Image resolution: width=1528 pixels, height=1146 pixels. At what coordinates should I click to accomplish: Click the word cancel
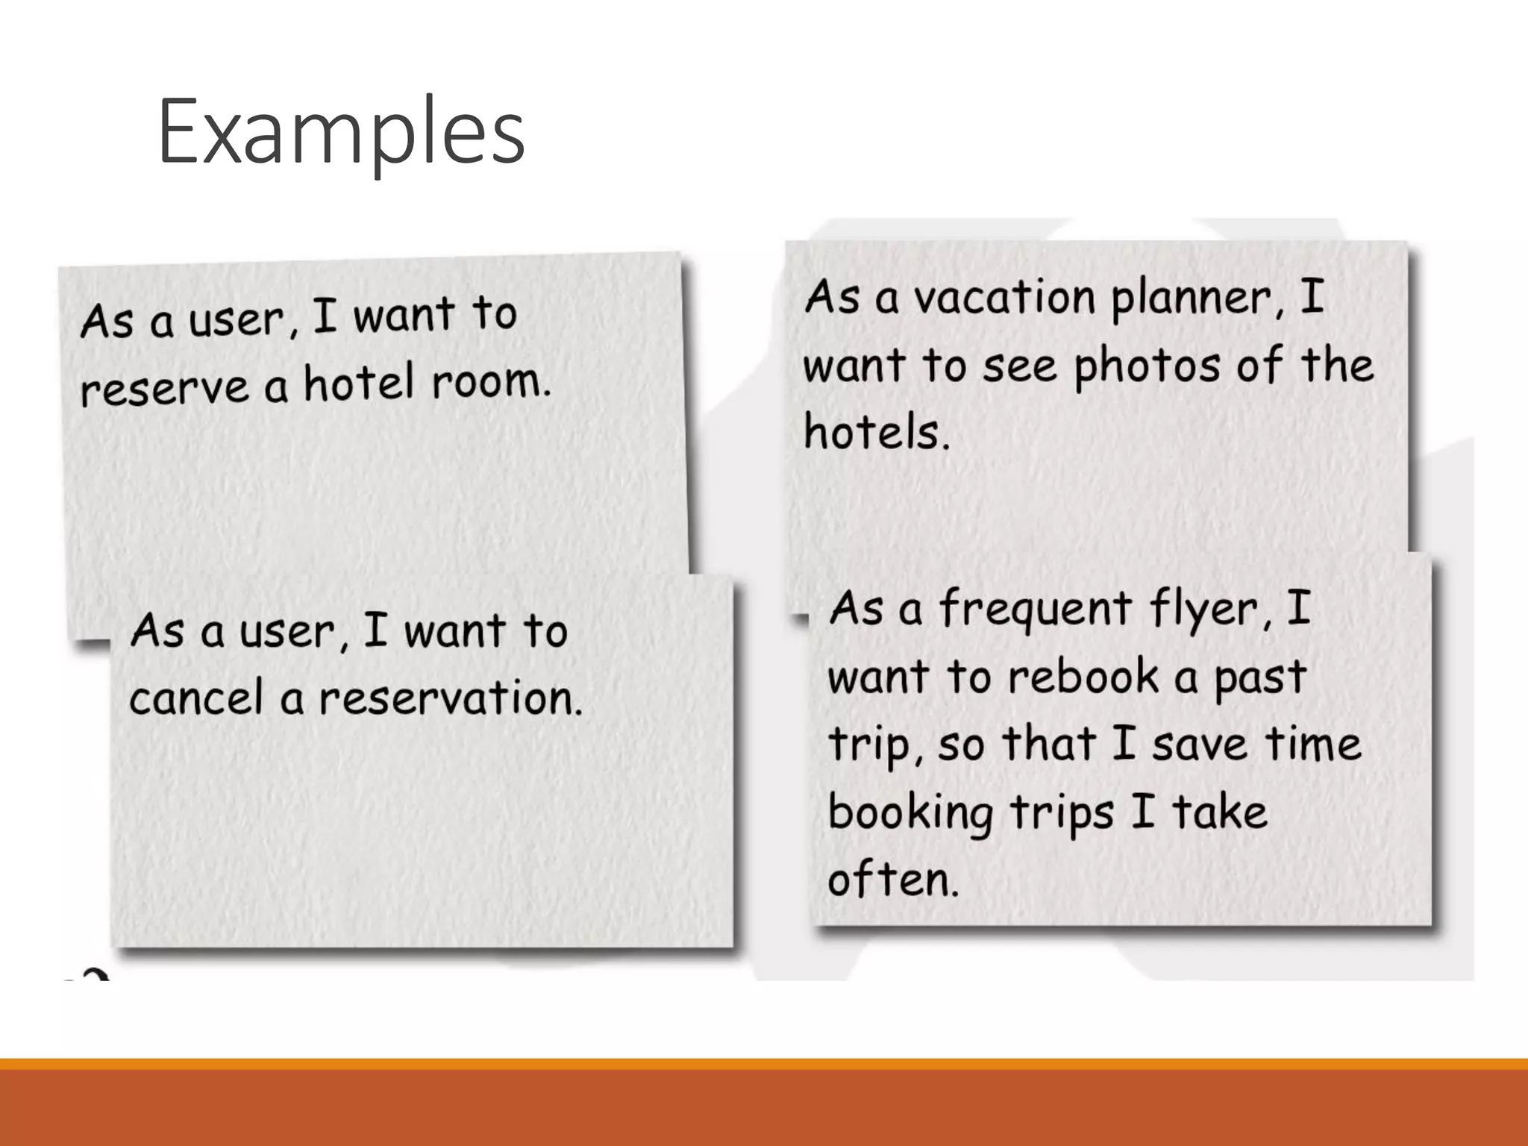pyautogui.click(x=197, y=699)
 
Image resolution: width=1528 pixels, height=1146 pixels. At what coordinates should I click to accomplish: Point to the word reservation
pyautogui.click(x=450, y=699)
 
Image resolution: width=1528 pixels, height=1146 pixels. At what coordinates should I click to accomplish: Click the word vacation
pyautogui.click(x=1004, y=298)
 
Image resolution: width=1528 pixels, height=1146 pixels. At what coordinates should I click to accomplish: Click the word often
pyautogui.click(x=892, y=880)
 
